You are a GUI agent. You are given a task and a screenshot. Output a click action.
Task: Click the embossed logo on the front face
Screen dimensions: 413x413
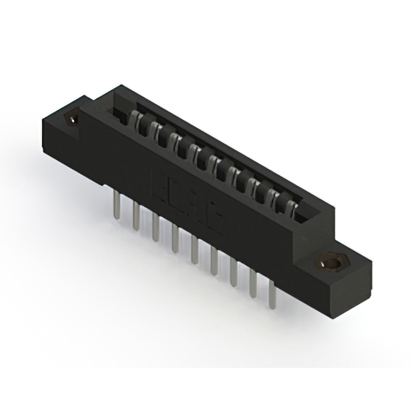pyautogui.click(x=187, y=200)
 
